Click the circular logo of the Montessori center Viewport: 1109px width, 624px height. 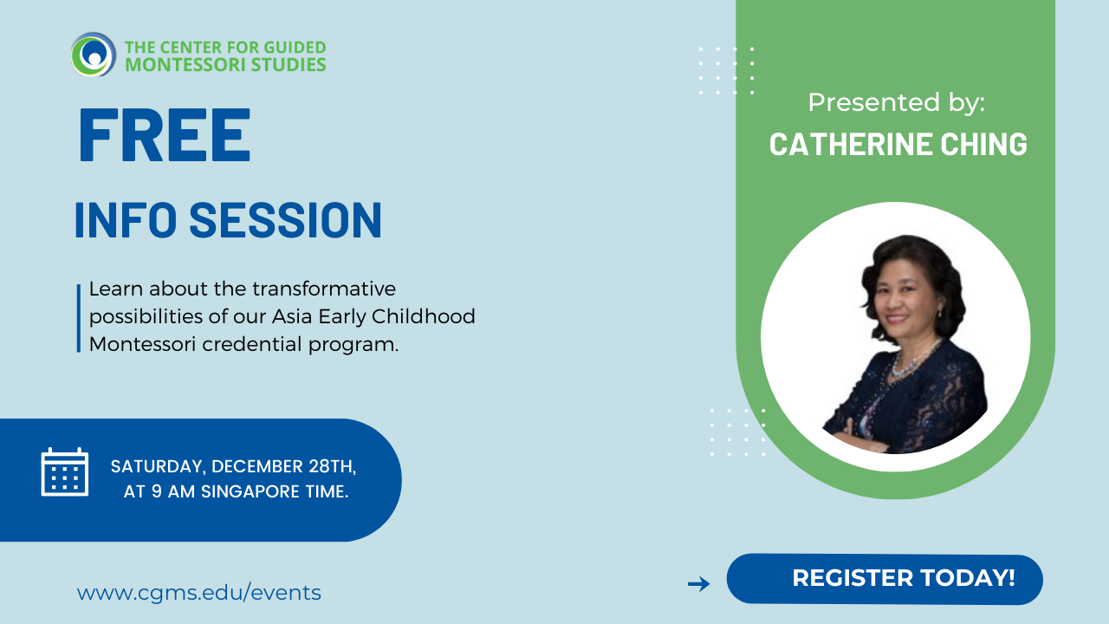(x=94, y=55)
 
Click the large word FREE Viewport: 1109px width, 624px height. (x=165, y=135)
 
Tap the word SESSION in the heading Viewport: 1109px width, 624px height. (x=286, y=219)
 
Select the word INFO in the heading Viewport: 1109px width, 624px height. (x=126, y=219)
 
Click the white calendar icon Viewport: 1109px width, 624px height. (x=65, y=471)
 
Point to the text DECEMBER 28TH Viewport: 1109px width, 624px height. (x=283, y=466)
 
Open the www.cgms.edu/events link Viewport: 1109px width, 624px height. (x=199, y=593)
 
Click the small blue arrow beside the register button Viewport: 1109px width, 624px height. (x=699, y=583)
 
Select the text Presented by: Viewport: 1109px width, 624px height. (x=896, y=103)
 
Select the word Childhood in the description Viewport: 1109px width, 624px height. (x=424, y=316)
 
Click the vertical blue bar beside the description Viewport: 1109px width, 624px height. (x=79, y=318)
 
